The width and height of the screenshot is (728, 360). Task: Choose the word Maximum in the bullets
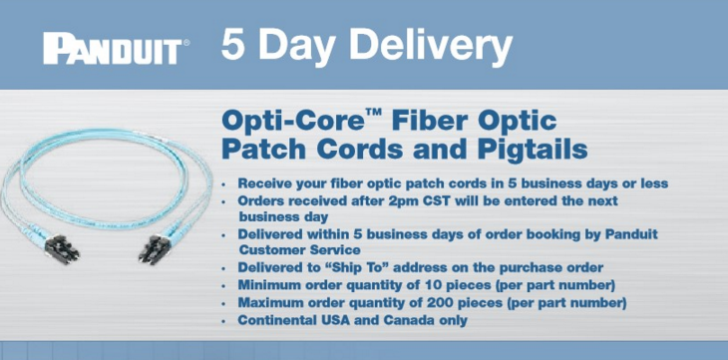point(273,302)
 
